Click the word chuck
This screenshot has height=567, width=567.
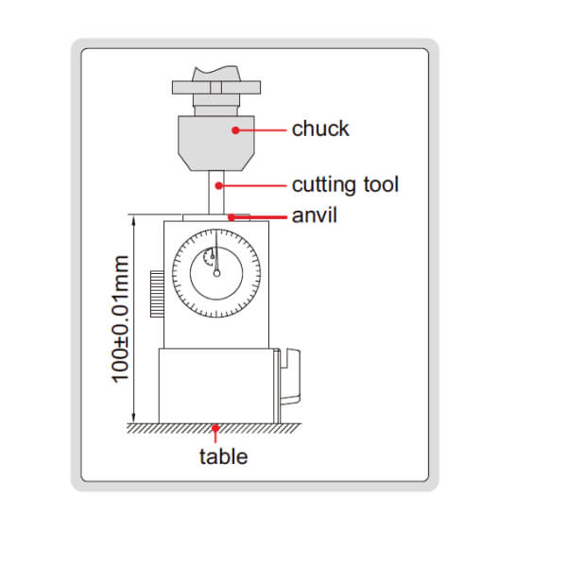click(x=320, y=129)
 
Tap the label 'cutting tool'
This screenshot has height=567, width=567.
click(x=345, y=183)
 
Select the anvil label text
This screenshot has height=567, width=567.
click(x=315, y=215)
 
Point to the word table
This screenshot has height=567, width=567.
click(x=223, y=456)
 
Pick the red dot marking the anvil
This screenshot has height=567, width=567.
click(x=230, y=216)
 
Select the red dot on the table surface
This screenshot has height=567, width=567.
click(x=217, y=429)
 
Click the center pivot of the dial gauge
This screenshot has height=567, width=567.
click(x=216, y=274)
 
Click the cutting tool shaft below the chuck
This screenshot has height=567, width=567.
click(x=215, y=194)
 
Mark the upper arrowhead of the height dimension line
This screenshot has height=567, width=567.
click(x=135, y=219)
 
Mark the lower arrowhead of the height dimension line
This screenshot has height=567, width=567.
click(x=135, y=418)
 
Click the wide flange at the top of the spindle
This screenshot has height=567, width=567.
click(x=216, y=88)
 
